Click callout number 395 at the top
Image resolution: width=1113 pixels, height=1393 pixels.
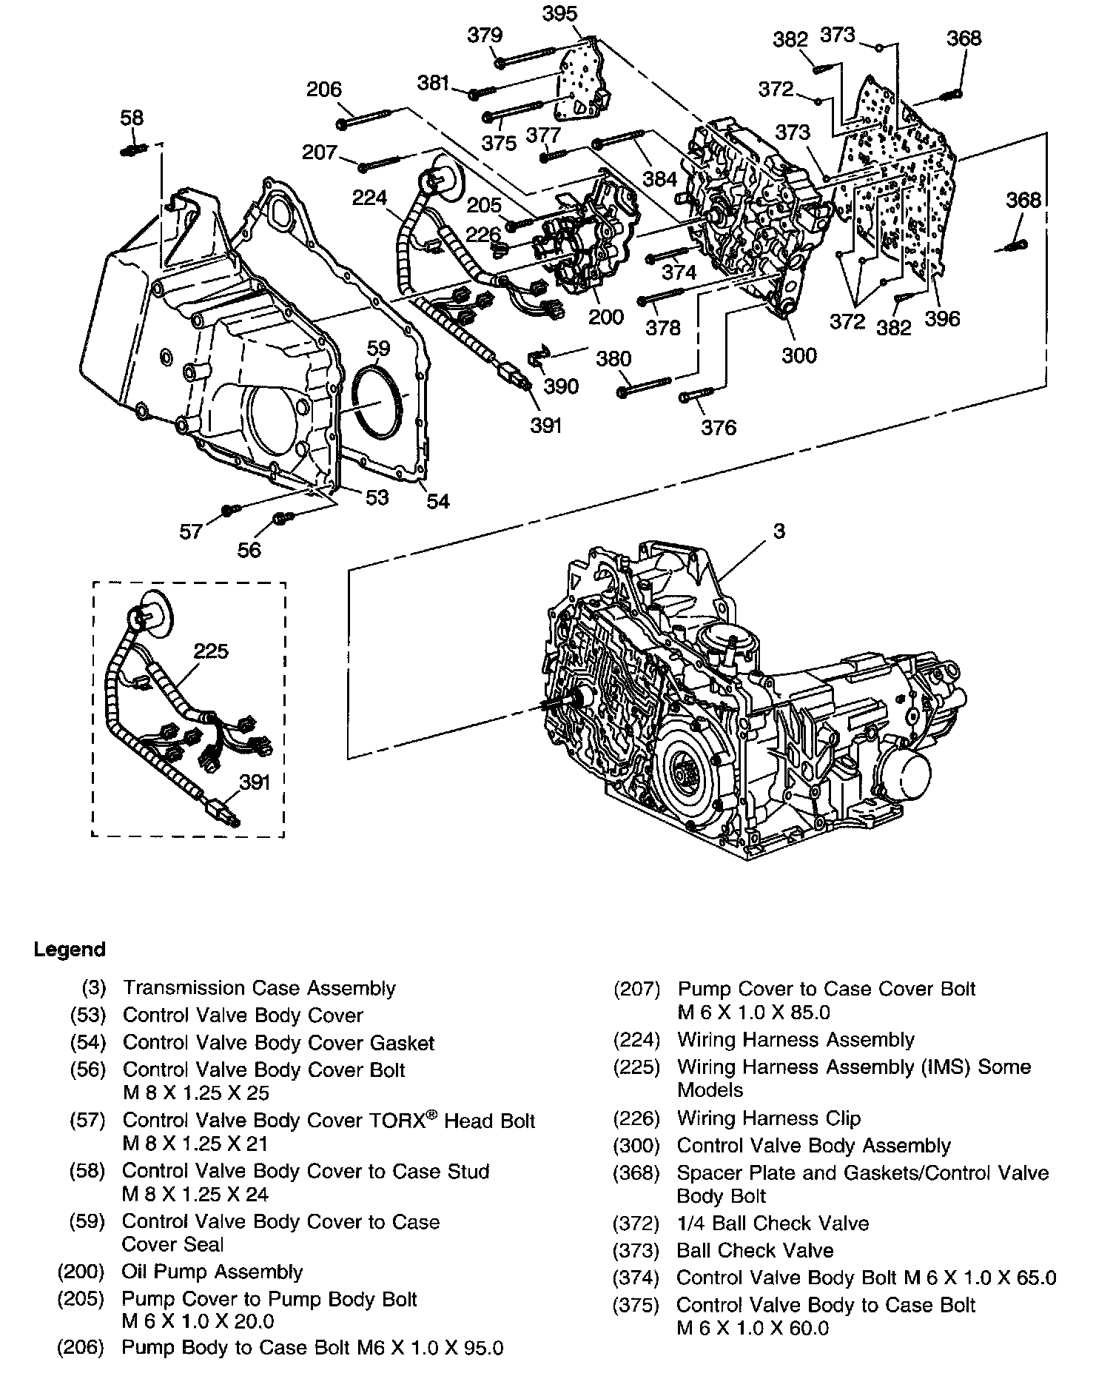[559, 13]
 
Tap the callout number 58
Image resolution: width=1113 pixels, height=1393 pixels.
[132, 118]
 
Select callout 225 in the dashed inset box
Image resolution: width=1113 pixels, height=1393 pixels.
[211, 651]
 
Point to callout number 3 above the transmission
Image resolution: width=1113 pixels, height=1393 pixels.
[779, 531]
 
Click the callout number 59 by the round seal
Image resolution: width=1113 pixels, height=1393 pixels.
[378, 348]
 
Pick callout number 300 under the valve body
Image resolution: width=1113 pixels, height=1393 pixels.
[799, 355]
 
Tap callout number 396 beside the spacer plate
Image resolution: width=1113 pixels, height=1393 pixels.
[942, 318]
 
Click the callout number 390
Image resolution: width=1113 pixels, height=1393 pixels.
[561, 386]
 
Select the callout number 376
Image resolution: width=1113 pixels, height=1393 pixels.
[719, 427]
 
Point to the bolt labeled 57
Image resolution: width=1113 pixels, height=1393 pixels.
[229, 510]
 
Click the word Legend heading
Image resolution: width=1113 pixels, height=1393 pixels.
[70, 950]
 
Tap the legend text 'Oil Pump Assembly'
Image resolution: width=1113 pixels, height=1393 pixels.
[212, 1272]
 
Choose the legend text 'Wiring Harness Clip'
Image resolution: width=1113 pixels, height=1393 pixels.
[769, 1118]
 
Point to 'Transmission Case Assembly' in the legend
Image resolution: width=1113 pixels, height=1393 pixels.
[259, 988]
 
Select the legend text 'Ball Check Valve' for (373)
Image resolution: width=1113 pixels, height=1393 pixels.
[755, 1250]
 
